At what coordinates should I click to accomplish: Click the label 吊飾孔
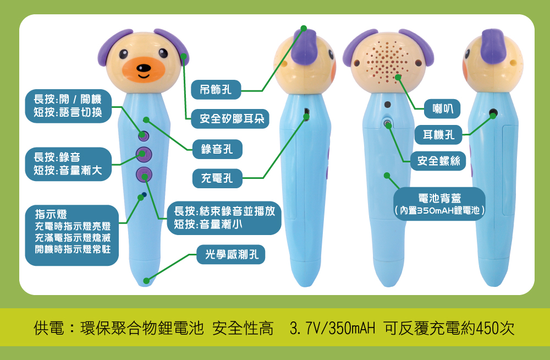tap(216, 90)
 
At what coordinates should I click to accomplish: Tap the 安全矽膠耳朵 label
tap(230, 119)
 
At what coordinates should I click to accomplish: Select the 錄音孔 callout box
tap(217, 149)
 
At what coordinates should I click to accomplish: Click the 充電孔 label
tap(217, 178)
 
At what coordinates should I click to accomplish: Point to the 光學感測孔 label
tap(232, 254)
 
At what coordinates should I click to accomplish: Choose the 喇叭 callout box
tap(442, 109)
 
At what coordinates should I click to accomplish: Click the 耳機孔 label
tap(438, 134)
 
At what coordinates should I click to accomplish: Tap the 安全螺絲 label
tap(438, 161)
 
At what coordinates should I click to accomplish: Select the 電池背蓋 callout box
tap(439, 204)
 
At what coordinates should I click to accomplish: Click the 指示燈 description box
tap(72, 235)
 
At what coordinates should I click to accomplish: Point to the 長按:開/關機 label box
tap(68, 106)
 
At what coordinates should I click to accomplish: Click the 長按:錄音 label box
tap(68, 164)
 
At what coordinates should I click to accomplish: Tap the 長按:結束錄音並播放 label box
tap(224, 218)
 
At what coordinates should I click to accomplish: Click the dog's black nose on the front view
tap(144, 68)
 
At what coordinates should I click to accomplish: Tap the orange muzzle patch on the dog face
tap(144, 69)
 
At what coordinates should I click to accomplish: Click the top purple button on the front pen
tap(144, 135)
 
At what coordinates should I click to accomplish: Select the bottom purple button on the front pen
tap(144, 175)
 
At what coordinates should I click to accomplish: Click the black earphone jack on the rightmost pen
tap(493, 113)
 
